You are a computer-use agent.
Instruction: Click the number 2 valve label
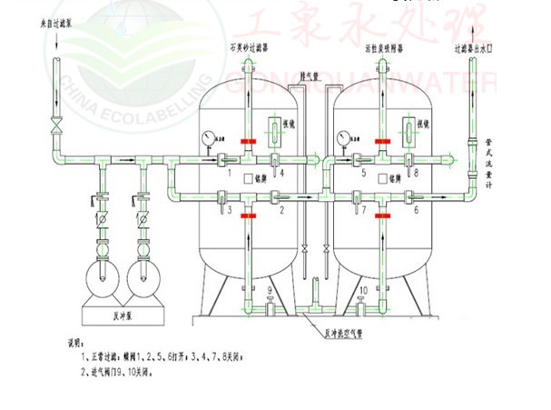click(282, 210)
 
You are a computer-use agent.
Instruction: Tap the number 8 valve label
click(417, 173)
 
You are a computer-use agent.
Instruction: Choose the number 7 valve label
click(364, 210)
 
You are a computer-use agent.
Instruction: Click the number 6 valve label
click(417, 210)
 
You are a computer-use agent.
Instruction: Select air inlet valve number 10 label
click(364, 291)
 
